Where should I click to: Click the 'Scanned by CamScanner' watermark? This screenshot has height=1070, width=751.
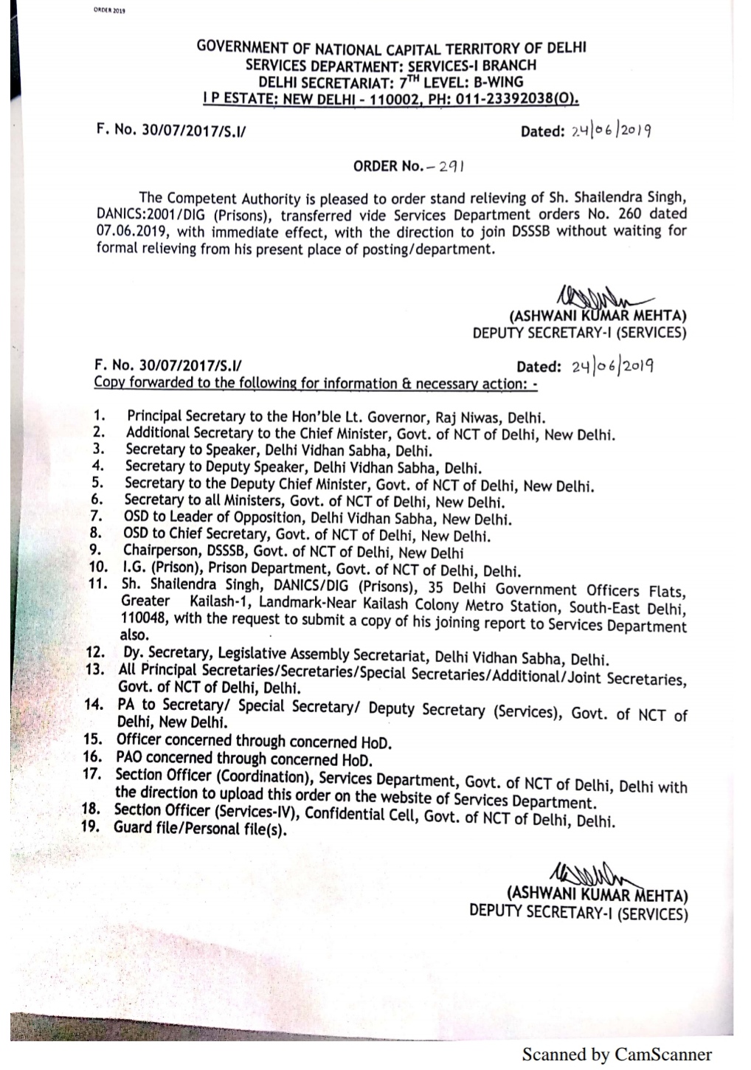click(617, 1055)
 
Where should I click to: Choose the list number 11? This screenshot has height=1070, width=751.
click(98, 584)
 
